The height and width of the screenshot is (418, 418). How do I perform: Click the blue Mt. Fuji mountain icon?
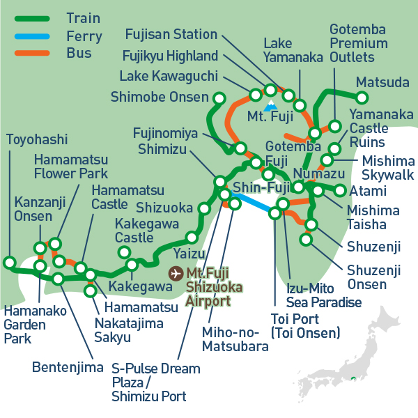(269, 109)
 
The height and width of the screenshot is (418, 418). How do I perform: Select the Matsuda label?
(382, 83)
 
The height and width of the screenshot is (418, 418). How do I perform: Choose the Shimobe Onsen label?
(160, 97)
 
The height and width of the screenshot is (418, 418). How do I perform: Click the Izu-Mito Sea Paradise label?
(324, 295)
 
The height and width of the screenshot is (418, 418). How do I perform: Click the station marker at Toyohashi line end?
(9, 263)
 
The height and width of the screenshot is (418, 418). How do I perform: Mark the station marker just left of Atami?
(340, 190)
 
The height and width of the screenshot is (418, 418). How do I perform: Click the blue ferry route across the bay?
(255, 208)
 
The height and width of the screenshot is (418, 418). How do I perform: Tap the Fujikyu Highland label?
(170, 55)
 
